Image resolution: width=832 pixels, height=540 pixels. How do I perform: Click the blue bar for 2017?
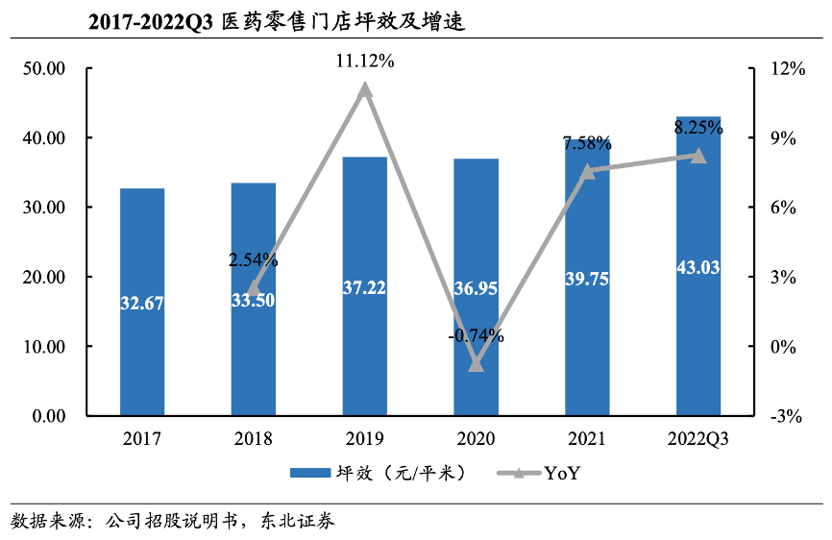pos(142,302)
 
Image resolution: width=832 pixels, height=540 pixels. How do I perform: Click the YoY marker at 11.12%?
pos(364,90)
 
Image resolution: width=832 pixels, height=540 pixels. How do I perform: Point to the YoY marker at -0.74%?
pos(476,364)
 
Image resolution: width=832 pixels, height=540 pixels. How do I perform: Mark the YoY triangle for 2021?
pos(587,171)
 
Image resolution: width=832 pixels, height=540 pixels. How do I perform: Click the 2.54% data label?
pos(254,259)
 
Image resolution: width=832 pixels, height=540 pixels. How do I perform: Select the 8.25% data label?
pos(697,127)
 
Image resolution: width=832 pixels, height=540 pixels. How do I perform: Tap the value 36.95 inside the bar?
pos(476,288)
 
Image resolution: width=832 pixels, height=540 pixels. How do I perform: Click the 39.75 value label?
pos(587,279)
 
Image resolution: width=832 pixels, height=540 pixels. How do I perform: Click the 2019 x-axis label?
pos(364,439)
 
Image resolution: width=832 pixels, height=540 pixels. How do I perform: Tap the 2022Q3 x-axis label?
pos(697,439)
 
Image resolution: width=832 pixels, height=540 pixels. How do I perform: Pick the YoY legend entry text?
pos(563,473)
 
